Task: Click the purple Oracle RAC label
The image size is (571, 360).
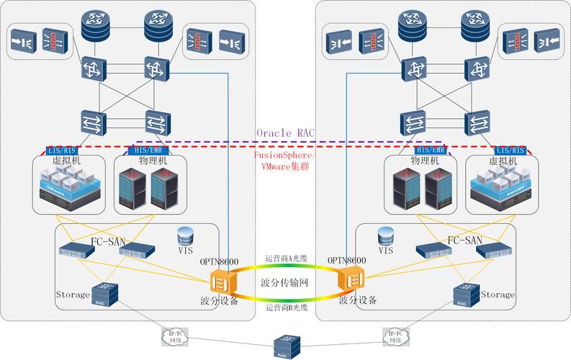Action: (286, 133)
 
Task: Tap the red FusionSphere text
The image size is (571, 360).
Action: (285, 155)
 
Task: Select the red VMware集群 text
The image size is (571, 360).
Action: (285, 167)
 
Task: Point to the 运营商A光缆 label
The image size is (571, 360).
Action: (286, 258)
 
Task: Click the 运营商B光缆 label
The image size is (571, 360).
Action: (286, 308)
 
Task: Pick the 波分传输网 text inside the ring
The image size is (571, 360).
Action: (284, 283)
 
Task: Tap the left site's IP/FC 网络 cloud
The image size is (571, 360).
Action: (175, 336)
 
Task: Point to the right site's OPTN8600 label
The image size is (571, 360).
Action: (347, 261)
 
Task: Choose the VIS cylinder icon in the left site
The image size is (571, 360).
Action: (186, 235)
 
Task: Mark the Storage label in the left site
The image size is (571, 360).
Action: (73, 294)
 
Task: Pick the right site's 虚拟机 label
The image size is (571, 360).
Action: (502, 161)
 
